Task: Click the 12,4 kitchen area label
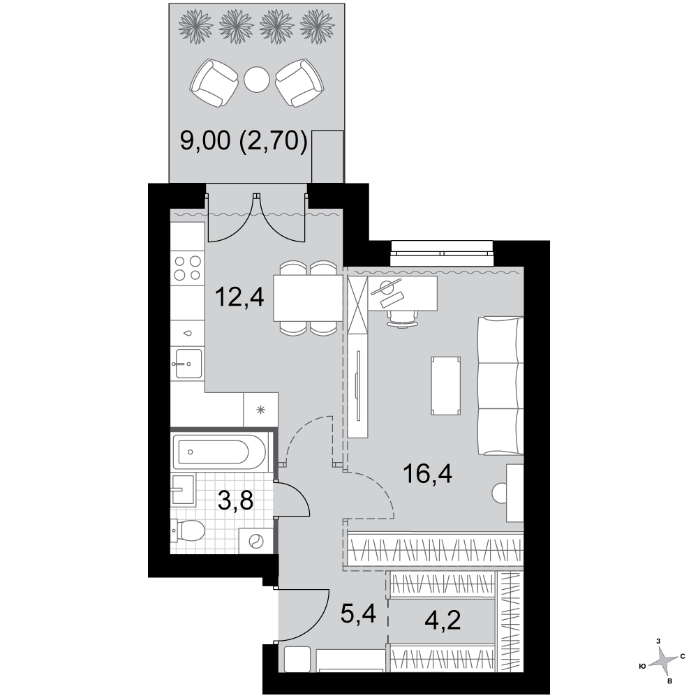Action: [239, 297]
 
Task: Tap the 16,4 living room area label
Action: [427, 473]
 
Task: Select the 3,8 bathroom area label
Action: [235, 500]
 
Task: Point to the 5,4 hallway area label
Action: [358, 614]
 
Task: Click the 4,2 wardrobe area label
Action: [443, 621]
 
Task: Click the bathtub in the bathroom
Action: [219, 452]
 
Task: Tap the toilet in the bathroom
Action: [188, 530]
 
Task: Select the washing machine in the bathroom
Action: [256, 541]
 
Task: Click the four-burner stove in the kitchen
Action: [187, 267]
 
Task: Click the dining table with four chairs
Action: [308, 298]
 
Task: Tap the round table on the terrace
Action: [257, 80]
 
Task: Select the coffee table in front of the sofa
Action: [445, 386]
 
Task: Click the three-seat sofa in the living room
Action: [500, 385]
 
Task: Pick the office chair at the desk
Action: [403, 319]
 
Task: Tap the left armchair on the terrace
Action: [214, 83]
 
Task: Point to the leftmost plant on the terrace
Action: [195, 27]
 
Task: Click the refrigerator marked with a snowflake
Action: [261, 410]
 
